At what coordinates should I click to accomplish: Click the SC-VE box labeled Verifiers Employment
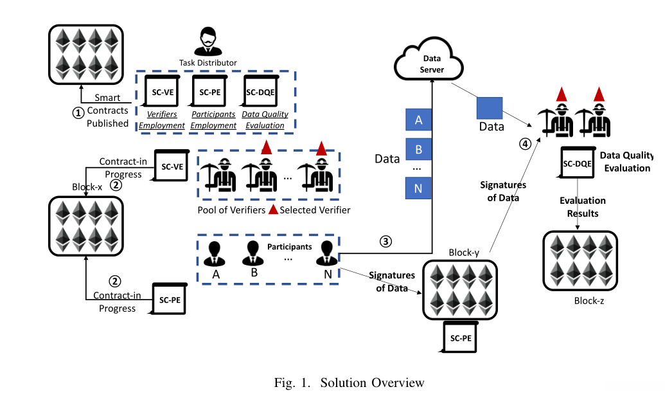click(x=163, y=92)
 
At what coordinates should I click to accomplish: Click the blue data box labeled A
click(x=419, y=120)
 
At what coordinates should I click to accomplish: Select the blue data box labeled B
click(x=419, y=150)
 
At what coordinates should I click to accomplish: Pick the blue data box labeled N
click(x=419, y=188)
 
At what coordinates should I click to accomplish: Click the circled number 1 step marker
click(x=78, y=112)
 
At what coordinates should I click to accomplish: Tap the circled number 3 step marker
click(x=385, y=242)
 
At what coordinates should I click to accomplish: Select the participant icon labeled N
click(x=328, y=254)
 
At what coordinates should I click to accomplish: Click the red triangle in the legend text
click(x=273, y=210)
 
